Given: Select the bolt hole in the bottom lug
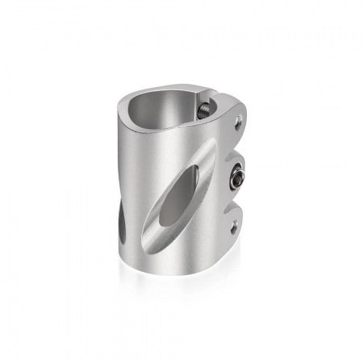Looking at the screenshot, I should click(x=235, y=229).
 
